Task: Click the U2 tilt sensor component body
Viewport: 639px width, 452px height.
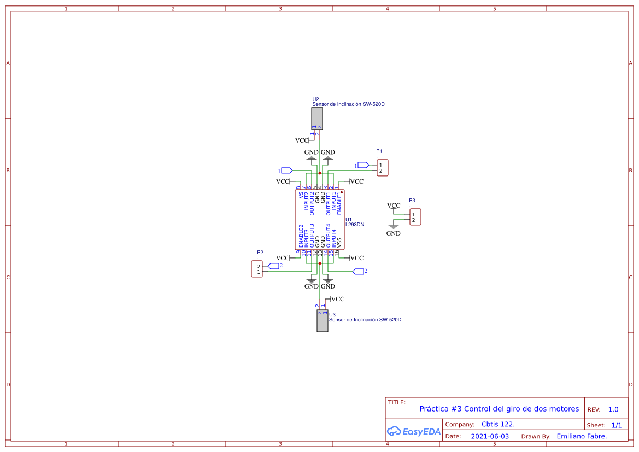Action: pyautogui.click(x=316, y=118)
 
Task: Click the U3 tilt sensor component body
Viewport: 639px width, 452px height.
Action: pyautogui.click(x=323, y=321)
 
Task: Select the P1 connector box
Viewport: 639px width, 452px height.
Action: pyautogui.click(x=383, y=168)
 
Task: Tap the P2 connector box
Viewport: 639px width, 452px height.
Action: pyautogui.click(x=256, y=269)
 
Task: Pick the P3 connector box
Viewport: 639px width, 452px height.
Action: pyautogui.click(x=415, y=217)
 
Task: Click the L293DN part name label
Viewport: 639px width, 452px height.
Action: pyautogui.click(x=355, y=225)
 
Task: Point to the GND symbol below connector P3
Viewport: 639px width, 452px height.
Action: pyautogui.click(x=393, y=227)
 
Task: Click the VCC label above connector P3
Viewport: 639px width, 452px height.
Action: pyautogui.click(x=394, y=206)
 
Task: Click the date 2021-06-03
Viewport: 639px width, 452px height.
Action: pyautogui.click(x=490, y=436)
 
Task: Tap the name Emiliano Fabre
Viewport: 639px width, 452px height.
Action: pyautogui.click(x=582, y=436)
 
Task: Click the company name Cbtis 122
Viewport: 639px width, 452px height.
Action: pyautogui.click(x=498, y=424)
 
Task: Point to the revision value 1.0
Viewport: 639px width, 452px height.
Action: pyautogui.click(x=613, y=409)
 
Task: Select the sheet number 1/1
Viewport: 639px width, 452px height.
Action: pyautogui.click(x=617, y=425)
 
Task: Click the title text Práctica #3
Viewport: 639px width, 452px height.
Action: pyautogui.click(x=499, y=409)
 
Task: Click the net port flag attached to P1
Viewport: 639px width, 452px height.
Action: pyautogui.click(x=363, y=165)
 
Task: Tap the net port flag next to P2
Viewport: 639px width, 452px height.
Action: pyautogui.click(x=273, y=266)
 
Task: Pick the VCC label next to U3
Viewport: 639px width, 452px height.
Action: pyautogui.click(x=337, y=299)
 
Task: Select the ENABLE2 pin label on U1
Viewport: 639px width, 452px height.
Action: pyautogui.click(x=301, y=236)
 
